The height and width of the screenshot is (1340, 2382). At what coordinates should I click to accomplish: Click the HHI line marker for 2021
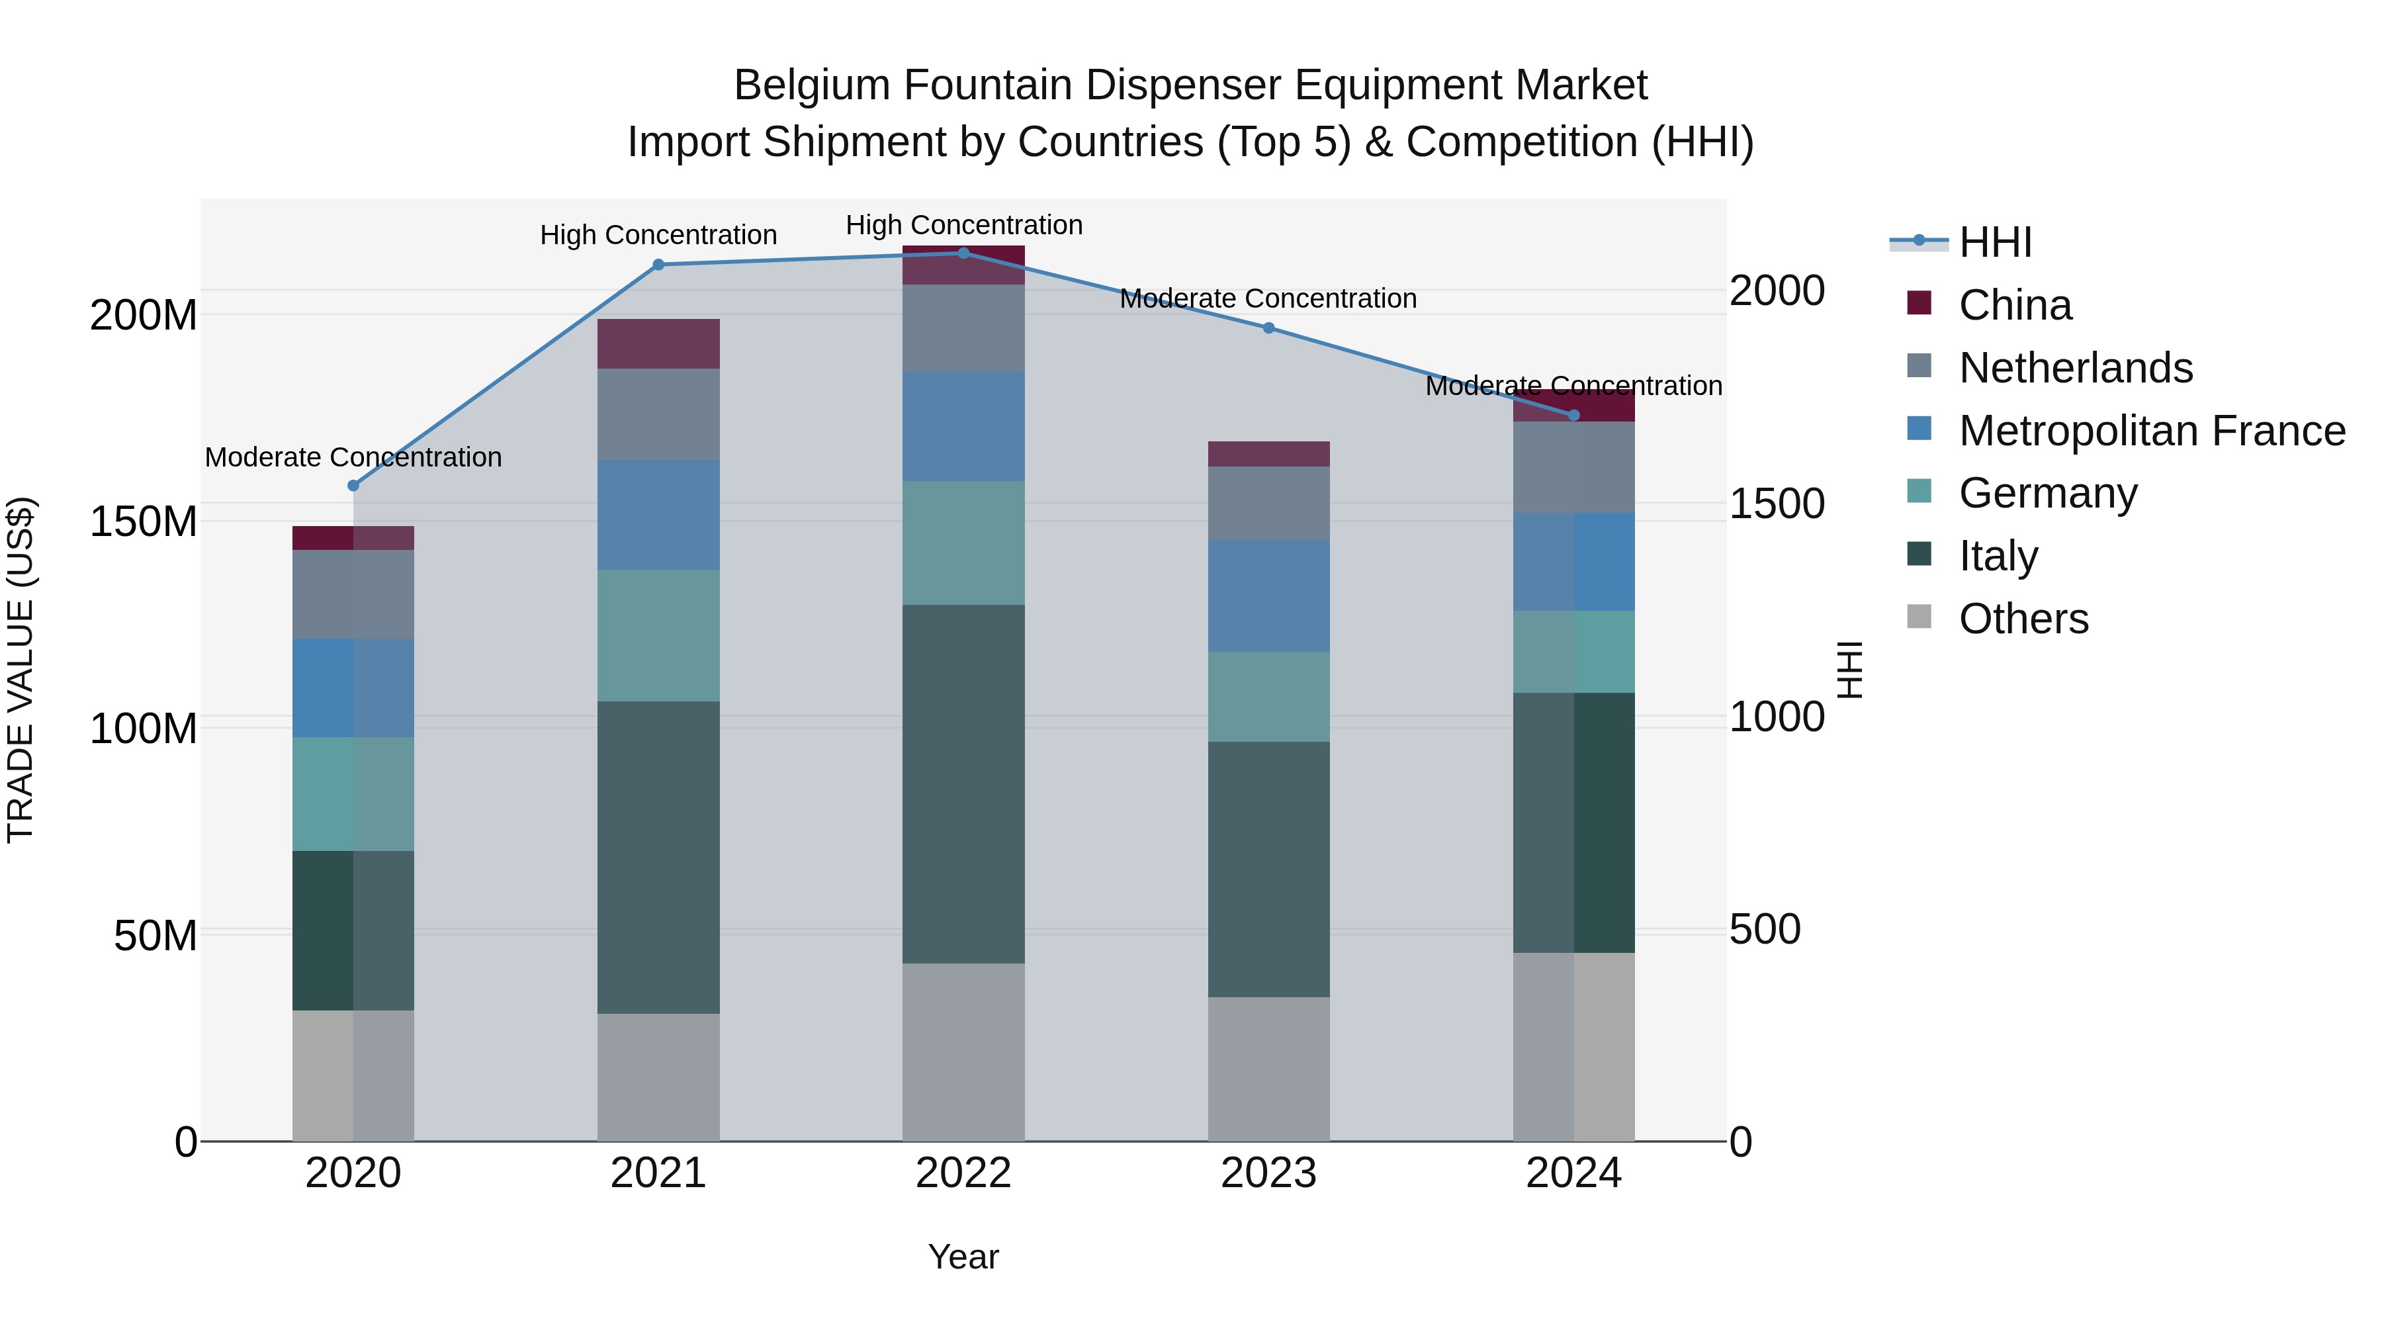pyautogui.click(x=658, y=265)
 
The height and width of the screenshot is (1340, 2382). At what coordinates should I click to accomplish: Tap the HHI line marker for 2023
pyautogui.click(x=1268, y=328)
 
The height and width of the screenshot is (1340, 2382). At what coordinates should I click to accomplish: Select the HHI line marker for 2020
pyautogui.click(x=353, y=486)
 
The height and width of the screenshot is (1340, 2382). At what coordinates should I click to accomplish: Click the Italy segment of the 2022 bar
pyautogui.click(x=963, y=784)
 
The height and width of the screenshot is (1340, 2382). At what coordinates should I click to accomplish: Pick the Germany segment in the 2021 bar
pyautogui.click(x=658, y=635)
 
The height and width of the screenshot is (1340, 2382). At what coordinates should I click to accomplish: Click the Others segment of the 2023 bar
pyautogui.click(x=1268, y=1069)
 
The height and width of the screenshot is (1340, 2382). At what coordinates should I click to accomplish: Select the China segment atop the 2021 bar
pyautogui.click(x=658, y=344)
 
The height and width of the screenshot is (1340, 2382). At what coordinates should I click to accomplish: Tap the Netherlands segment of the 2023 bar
pyautogui.click(x=1268, y=503)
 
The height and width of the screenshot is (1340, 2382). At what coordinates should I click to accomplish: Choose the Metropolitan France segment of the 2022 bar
pyautogui.click(x=963, y=426)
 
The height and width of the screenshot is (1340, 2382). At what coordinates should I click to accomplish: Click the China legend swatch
pyautogui.click(x=1919, y=303)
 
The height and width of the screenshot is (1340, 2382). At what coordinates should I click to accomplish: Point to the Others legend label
pyautogui.click(x=2023, y=619)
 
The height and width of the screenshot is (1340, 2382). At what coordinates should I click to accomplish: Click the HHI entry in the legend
pyautogui.click(x=1996, y=242)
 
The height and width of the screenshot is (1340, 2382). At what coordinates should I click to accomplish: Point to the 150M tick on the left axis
pyautogui.click(x=144, y=521)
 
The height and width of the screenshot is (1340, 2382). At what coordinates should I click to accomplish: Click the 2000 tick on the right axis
pyautogui.click(x=1777, y=290)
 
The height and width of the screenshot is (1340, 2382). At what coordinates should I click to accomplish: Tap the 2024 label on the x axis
pyautogui.click(x=1574, y=1173)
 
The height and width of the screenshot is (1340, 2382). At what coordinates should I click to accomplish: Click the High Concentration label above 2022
pyautogui.click(x=963, y=225)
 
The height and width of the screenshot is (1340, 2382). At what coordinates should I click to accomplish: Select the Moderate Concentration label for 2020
pyautogui.click(x=353, y=457)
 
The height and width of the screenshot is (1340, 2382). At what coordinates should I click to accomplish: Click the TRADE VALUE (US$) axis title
pyautogui.click(x=21, y=670)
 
